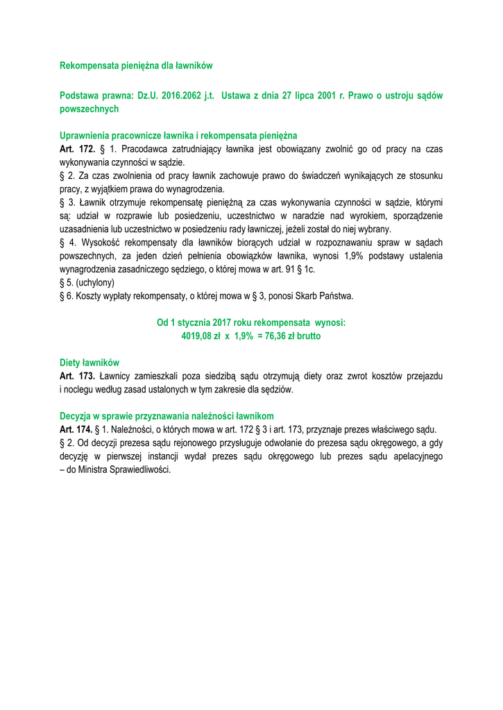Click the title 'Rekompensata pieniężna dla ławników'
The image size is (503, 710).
[136, 66]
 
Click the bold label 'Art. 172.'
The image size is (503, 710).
[78, 149]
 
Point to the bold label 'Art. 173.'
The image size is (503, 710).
[78, 376]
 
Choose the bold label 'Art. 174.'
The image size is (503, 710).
[78, 429]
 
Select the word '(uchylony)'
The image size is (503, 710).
[95, 283]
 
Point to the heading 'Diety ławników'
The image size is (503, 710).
[89, 363]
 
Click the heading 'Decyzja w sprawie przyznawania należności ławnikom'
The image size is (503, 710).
[167, 416]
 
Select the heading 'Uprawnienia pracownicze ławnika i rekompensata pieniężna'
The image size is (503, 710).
[178, 136]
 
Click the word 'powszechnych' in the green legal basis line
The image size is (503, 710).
[89, 109]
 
